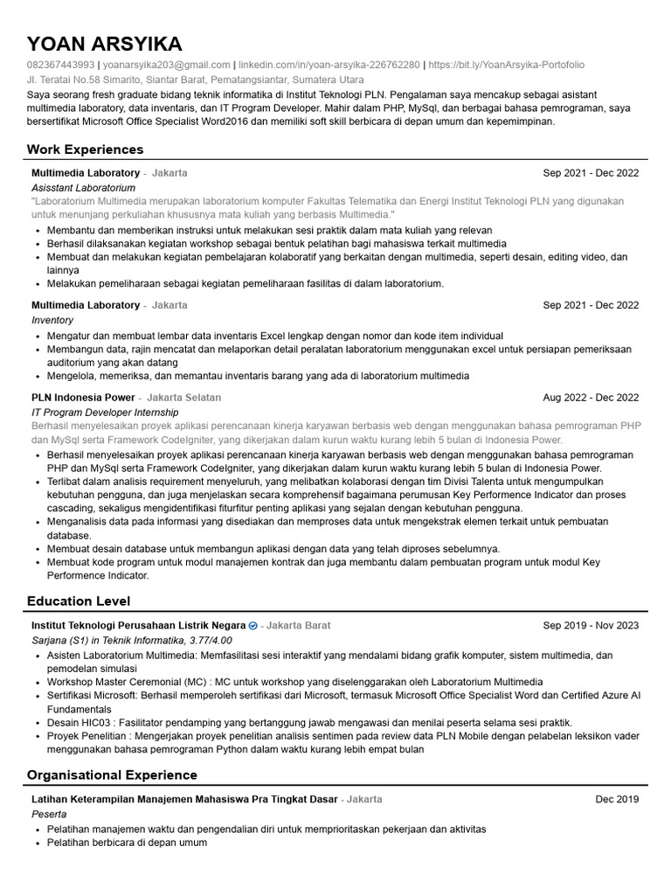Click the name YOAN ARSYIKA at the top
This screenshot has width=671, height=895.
(x=104, y=45)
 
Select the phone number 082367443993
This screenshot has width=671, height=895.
(x=60, y=65)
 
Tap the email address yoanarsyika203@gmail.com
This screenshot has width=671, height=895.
(x=167, y=65)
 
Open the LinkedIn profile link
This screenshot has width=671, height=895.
(x=329, y=65)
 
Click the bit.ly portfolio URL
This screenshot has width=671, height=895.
(x=507, y=65)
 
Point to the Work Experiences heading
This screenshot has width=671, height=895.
(x=85, y=149)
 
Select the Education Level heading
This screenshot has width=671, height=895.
(x=79, y=600)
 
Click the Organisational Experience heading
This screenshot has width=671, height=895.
(x=112, y=775)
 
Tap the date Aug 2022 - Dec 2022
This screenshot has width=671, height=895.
(x=591, y=398)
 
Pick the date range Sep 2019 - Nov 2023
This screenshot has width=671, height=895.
(x=591, y=626)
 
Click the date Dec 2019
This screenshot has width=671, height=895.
(x=617, y=800)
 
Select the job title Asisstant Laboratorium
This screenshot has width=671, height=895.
(x=84, y=188)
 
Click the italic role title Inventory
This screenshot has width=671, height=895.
(x=52, y=321)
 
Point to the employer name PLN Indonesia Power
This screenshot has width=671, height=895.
(x=83, y=398)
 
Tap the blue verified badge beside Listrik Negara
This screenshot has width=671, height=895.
(x=253, y=627)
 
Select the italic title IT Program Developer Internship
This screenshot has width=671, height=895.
(x=105, y=413)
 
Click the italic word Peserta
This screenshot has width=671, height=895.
(x=50, y=814)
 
